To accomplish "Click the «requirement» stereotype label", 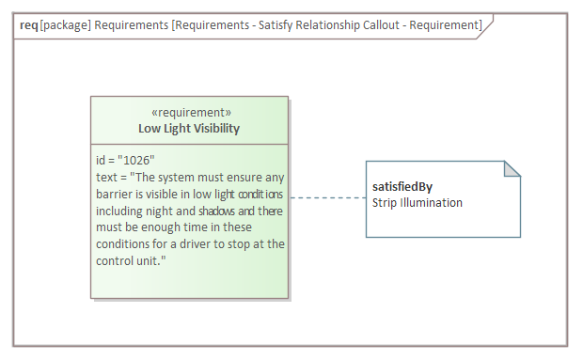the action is tap(190, 113).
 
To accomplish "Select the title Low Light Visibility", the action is tap(189, 129).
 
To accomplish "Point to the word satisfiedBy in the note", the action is tap(402, 186).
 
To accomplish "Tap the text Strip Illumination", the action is tap(417, 202).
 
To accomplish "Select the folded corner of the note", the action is tap(512, 169).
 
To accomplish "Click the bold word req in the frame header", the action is tap(28, 24).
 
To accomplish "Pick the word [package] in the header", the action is tap(65, 24).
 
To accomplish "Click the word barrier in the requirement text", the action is tap(116, 194).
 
